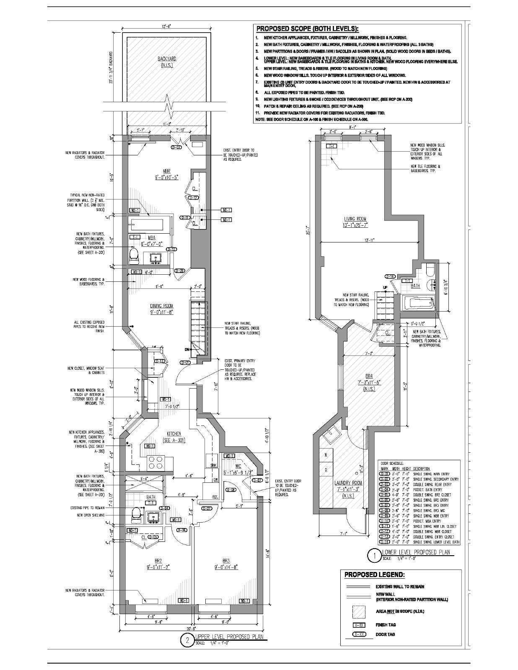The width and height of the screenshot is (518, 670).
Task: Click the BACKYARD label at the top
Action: [x=167, y=59]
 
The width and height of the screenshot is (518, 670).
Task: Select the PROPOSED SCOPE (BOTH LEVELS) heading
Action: [x=307, y=29]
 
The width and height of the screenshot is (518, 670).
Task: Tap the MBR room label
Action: [x=166, y=171]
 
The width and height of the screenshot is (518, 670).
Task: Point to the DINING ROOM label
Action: [x=162, y=306]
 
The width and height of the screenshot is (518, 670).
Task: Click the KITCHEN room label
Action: [x=174, y=434]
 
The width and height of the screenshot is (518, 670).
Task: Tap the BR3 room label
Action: [x=226, y=561]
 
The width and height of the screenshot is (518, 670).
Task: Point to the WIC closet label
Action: [x=238, y=466]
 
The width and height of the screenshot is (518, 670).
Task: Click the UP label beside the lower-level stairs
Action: [x=385, y=287]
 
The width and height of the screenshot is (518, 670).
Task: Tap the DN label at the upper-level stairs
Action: [x=187, y=349]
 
